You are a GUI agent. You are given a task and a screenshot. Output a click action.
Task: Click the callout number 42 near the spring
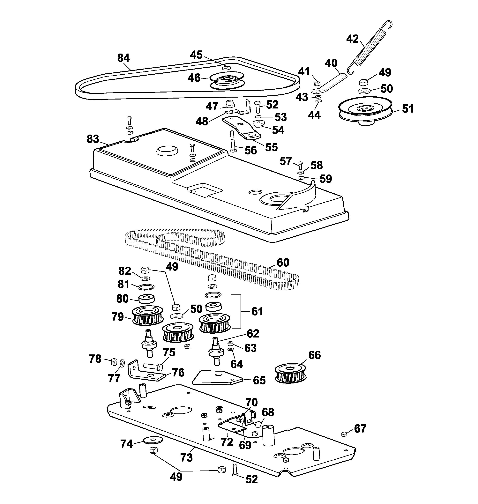coord(353,39)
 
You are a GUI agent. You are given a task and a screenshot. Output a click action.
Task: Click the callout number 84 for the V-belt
coord(123,58)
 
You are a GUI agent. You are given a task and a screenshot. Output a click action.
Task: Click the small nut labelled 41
coord(317,83)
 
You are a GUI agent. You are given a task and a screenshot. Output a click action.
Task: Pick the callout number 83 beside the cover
coord(93,139)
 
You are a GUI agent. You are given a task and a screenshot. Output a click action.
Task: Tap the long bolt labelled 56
coord(232,141)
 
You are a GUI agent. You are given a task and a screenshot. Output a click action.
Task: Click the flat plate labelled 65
coord(217,378)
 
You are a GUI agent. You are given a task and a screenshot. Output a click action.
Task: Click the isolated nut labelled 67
coord(344,434)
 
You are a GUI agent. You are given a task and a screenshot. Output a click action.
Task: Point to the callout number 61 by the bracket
coord(257,311)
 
